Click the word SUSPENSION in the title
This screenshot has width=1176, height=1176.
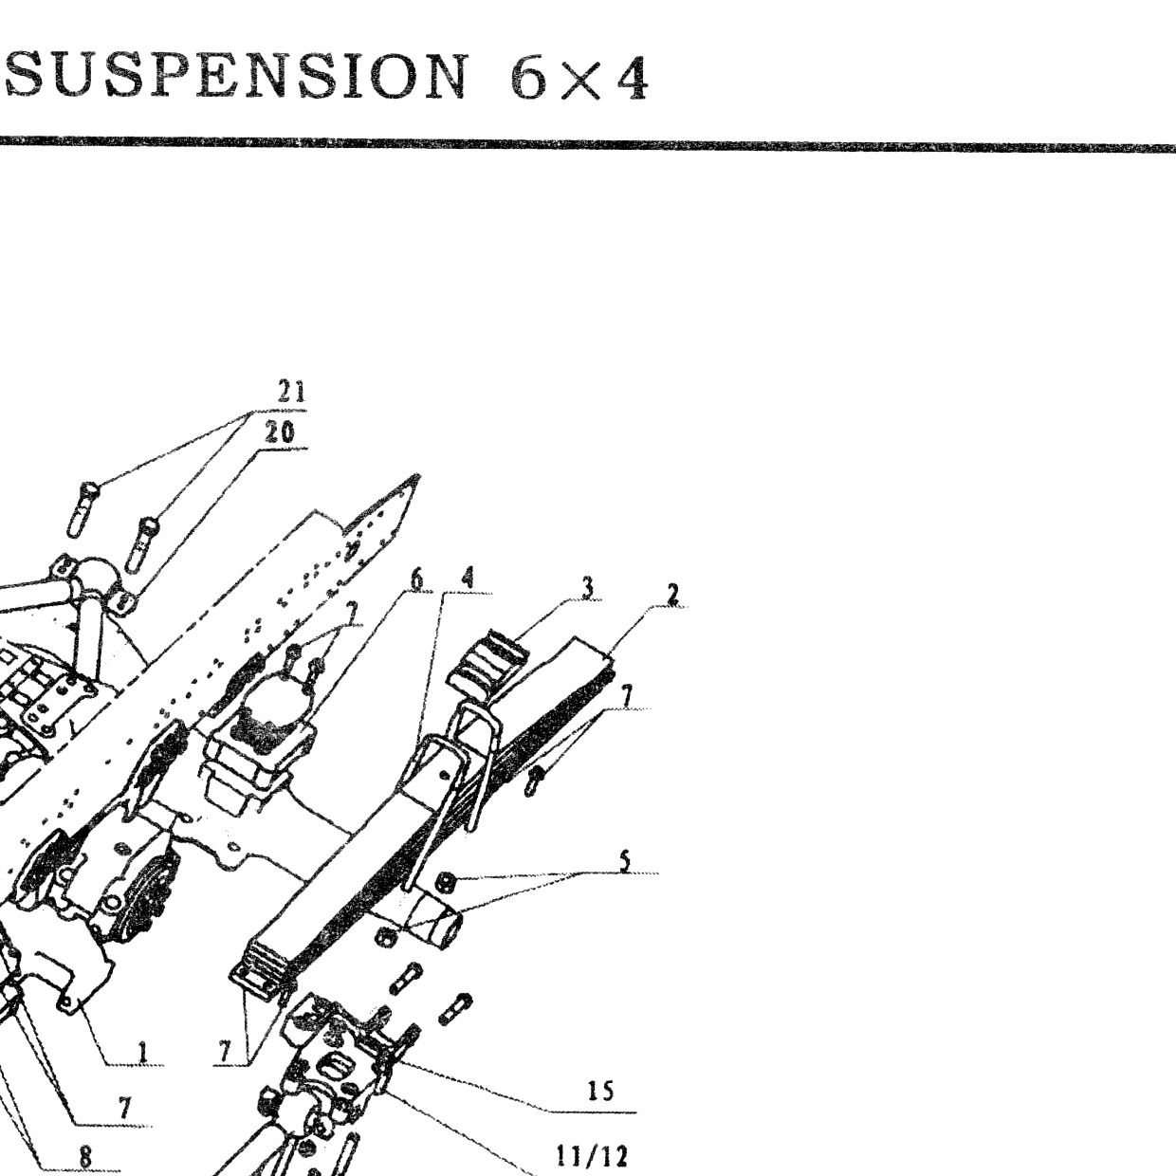coord(237,75)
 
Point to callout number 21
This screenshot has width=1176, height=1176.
coord(291,393)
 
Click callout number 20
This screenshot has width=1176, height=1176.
coord(280,432)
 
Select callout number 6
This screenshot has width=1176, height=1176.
coord(416,579)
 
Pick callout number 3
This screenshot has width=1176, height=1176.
coord(586,588)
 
